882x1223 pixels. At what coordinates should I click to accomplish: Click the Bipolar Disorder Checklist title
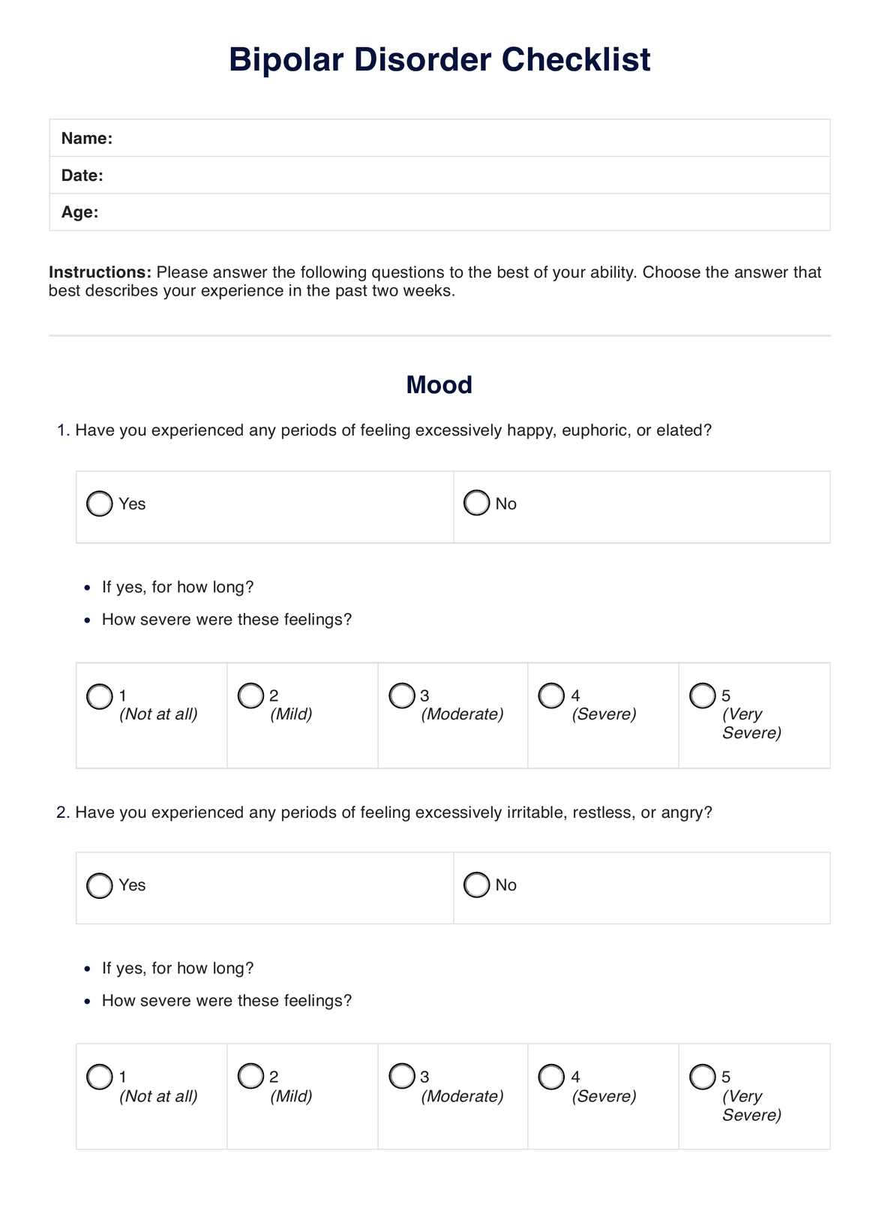point(439,60)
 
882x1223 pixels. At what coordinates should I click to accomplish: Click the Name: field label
point(87,138)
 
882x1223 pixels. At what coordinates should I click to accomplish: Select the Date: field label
point(82,176)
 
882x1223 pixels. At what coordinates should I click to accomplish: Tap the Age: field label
point(80,212)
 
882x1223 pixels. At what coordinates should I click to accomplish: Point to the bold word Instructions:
point(100,272)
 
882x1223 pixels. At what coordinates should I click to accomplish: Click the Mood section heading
point(439,385)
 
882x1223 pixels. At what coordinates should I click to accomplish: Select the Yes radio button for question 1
point(100,503)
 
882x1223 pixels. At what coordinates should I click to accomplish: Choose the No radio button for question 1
point(476,503)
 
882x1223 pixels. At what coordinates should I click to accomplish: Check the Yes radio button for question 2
point(100,885)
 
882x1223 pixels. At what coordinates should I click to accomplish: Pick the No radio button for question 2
point(476,885)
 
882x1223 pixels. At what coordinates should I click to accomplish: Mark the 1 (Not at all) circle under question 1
point(100,696)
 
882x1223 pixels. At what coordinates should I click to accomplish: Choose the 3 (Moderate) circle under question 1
point(402,696)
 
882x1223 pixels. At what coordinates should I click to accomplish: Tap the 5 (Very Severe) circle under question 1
point(703,696)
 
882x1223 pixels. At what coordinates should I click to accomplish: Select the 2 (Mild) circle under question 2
point(250,1077)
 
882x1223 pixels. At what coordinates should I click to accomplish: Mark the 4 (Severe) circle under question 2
point(551,1077)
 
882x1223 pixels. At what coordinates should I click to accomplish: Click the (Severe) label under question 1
point(604,714)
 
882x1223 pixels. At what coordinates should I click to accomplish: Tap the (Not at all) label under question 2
point(158,1096)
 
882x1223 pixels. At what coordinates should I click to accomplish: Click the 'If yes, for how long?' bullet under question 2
point(178,969)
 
